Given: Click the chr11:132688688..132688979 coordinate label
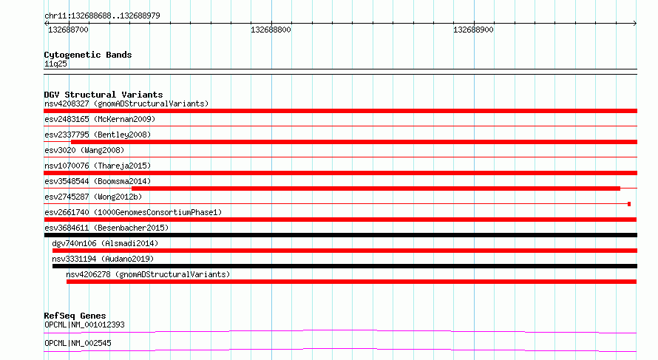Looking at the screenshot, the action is click(x=102, y=16).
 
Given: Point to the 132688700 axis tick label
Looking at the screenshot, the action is click(x=69, y=30).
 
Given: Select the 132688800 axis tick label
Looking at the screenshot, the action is click(x=271, y=30).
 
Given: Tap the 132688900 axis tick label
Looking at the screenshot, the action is click(x=473, y=30).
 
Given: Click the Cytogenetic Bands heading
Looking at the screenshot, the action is click(x=88, y=55).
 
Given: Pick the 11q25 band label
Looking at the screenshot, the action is click(x=55, y=64).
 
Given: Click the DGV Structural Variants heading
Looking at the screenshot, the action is click(x=104, y=95).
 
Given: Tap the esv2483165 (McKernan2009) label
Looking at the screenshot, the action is click(x=100, y=119).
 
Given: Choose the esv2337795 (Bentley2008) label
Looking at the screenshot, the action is click(x=98, y=135).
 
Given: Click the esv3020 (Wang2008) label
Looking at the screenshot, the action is click(x=84, y=150).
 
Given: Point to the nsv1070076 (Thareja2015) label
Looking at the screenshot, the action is click(x=98, y=166).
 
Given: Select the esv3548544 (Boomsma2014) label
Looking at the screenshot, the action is click(x=98, y=181).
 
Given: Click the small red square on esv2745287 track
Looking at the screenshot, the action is click(x=629, y=204).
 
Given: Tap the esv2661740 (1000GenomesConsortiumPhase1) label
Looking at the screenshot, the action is click(x=133, y=212).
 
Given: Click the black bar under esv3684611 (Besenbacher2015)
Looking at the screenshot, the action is click(x=340, y=235).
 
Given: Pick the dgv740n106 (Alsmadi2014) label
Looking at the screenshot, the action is click(x=105, y=243).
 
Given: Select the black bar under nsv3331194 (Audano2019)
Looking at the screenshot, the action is click(x=345, y=266).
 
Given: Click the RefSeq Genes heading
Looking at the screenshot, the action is click(x=75, y=316).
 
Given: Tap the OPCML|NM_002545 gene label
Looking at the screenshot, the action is click(x=78, y=343).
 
